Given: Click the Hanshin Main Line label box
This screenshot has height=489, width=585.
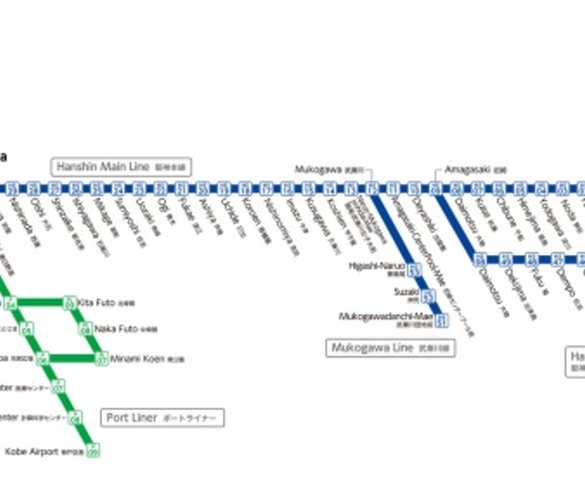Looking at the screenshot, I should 122,167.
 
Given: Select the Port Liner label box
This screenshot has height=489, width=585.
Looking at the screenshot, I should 164,418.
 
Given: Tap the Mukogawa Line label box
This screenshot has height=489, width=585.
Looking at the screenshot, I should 390,347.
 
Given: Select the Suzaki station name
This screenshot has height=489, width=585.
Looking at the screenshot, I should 403,290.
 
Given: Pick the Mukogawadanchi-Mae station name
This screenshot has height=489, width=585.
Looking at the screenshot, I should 386,317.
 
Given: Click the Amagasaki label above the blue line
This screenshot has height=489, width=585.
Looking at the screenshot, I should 468,168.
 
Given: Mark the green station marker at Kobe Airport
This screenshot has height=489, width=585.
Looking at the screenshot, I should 93,450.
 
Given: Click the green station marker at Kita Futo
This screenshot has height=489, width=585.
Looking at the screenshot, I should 68,303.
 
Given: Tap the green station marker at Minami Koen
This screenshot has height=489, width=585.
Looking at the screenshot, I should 100,359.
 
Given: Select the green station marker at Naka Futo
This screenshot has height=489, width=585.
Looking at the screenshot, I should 85,329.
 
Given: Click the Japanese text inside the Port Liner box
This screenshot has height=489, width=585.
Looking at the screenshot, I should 191,419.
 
